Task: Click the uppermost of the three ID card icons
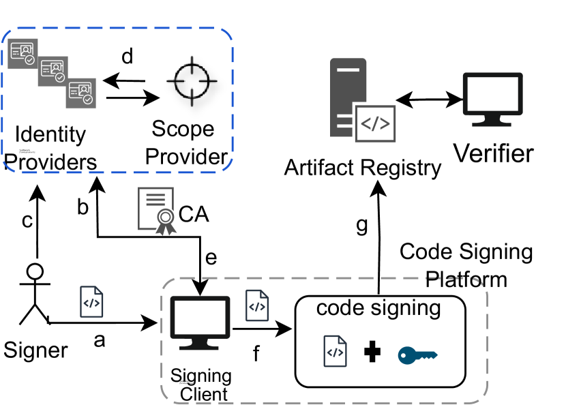coord(23,53)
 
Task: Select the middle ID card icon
coord(53,71)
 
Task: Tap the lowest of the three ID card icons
coord(80,93)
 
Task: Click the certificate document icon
coord(155,208)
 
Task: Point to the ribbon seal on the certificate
coord(166,220)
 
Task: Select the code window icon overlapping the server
coord(375,123)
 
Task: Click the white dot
coord(35,271)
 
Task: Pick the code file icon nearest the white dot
coord(91,302)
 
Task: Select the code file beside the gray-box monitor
coord(256,305)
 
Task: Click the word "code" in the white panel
coord(340,308)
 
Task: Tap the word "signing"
coord(406,309)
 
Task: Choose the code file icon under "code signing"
coord(335,352)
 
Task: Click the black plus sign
coord(372,352)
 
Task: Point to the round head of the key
coord(406,355)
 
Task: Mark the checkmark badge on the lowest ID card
coord(87,100)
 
